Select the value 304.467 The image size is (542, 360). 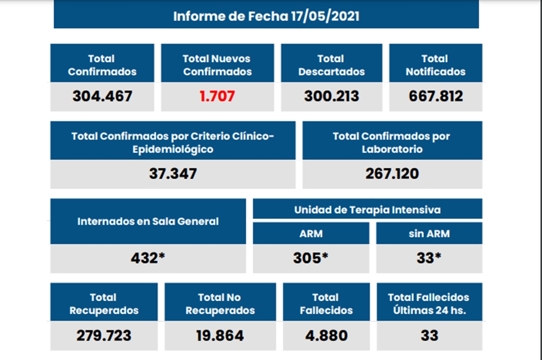point(102,96)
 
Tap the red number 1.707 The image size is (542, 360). point(217,96)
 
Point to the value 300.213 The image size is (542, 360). point(331,96)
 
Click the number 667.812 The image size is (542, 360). point(435,96)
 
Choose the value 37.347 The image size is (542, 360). point(173,173)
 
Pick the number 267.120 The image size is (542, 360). point(392,173)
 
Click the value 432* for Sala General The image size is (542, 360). point(148,258)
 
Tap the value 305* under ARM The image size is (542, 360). point(311,258)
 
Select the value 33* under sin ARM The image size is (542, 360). point(429,258)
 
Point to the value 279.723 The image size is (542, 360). point(104,335)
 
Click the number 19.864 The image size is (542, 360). point(220,335)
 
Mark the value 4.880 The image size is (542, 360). point(326,335)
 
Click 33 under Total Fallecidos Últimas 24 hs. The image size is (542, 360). point(429,335)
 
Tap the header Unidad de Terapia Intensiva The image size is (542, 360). point(367,209)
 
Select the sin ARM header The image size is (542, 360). point(429,233)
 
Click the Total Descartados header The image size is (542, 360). point(331,65)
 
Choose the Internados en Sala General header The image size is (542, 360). point(148,221)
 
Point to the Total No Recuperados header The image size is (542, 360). point(220,304)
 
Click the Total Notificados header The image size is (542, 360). point(435,65)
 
